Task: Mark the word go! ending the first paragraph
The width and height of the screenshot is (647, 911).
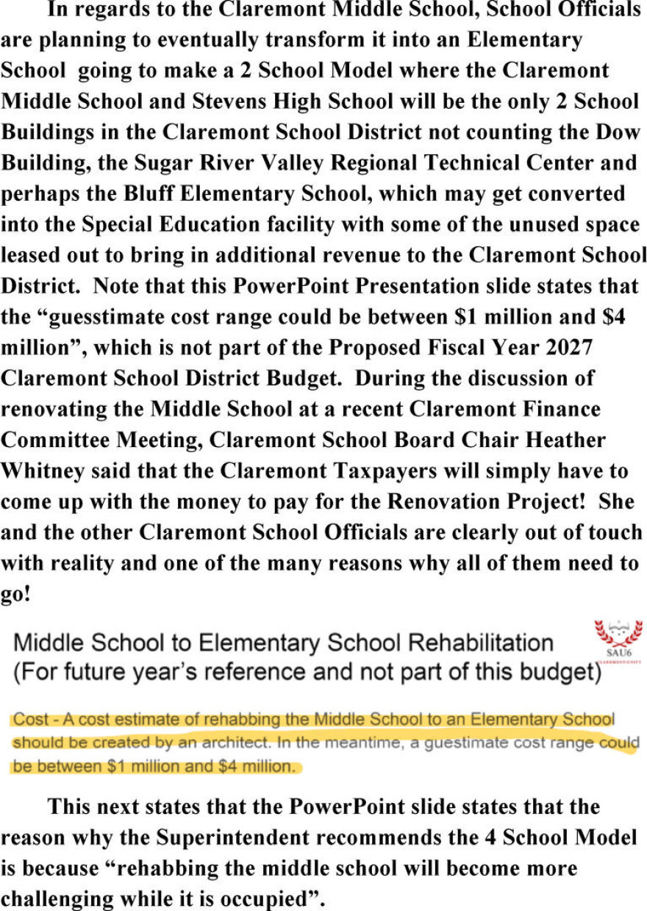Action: pos(15,593)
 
